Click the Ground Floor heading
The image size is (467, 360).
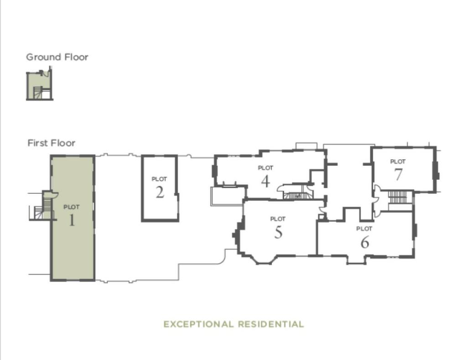[57, 57]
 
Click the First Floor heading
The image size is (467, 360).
[51, 143]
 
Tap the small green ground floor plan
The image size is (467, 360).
[40, 86]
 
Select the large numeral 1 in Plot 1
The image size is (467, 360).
[72, 220]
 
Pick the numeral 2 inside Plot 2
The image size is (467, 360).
[159, 193]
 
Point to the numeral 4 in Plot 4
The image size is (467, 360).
[265, 181]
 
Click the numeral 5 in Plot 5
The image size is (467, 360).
[278, 232]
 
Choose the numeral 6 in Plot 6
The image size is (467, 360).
[364, 242]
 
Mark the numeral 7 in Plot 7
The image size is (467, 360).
[398, 174]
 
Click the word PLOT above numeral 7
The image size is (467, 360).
[398, 162]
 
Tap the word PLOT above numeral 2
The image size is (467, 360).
[159, 179]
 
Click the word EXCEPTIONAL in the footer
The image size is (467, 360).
[198, 324]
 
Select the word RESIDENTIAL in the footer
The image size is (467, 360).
[270, 324]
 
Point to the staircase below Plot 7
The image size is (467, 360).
[397, 198]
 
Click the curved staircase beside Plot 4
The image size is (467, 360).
[294, 193]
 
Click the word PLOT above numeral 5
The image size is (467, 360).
[278, 219]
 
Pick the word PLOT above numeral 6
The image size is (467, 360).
[364, 229]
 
